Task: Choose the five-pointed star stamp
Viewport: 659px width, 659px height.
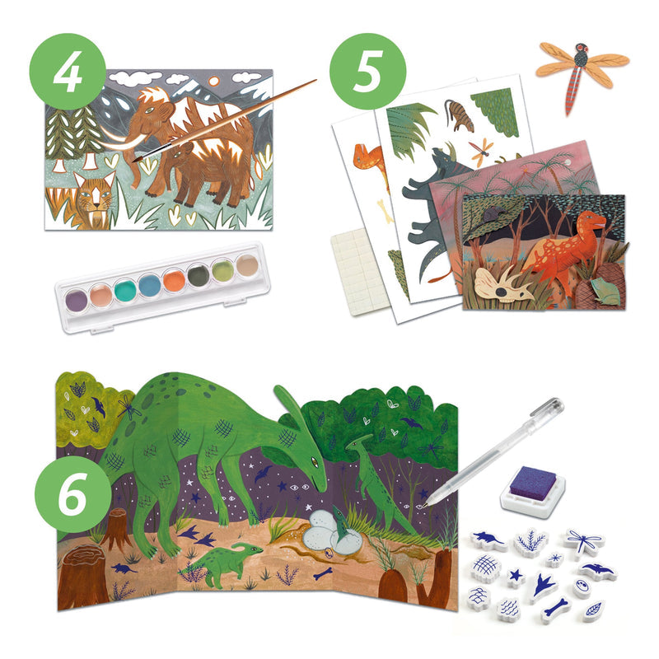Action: tap(516, 577)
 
